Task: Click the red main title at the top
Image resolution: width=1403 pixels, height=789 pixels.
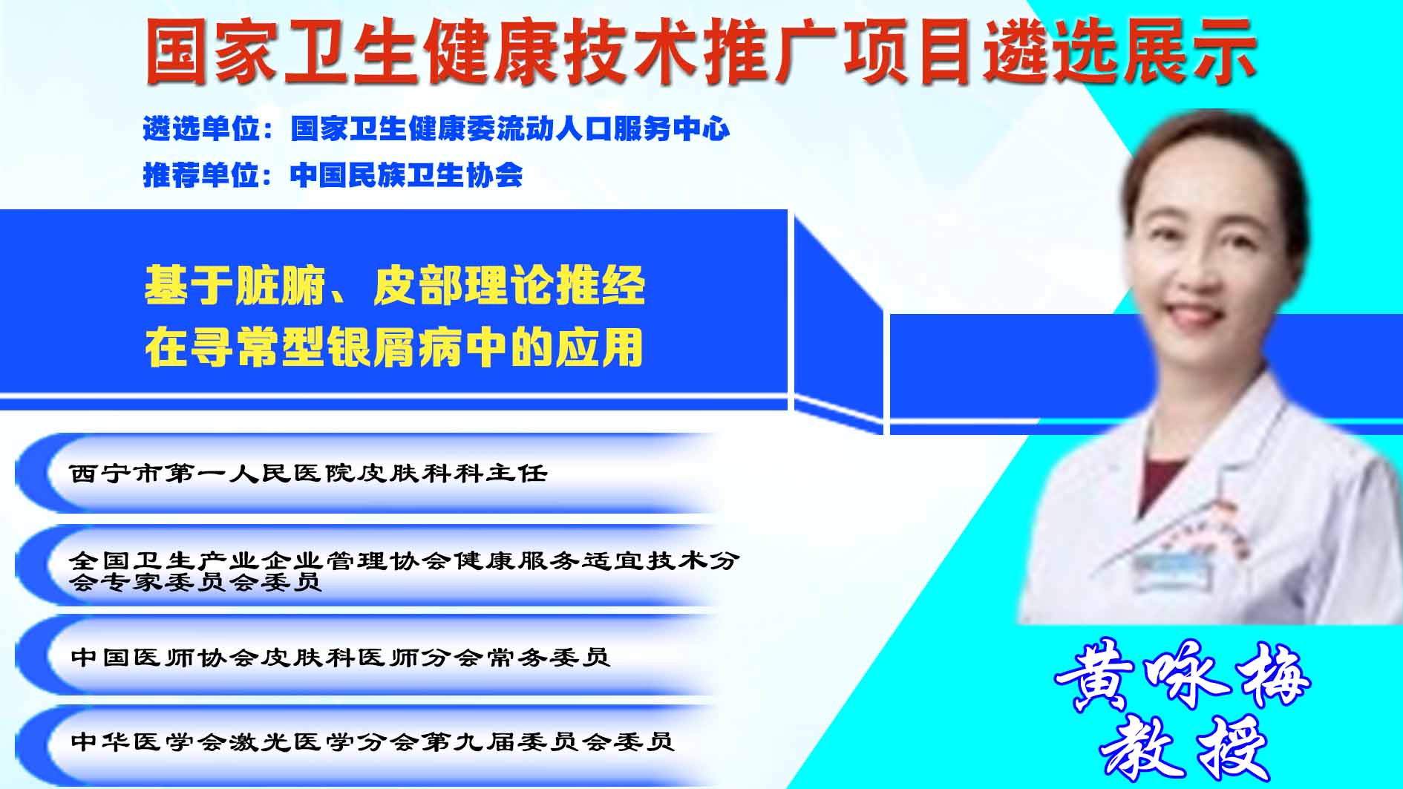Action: pos(700,50)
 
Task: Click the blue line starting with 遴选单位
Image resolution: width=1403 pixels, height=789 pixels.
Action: pos(436,129)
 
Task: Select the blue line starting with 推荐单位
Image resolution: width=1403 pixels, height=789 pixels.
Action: pos(333,175)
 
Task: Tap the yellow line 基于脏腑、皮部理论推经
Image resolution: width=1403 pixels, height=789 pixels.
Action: pos(395,286)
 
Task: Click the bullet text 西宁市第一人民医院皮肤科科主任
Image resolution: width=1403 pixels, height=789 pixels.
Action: pos(309,473)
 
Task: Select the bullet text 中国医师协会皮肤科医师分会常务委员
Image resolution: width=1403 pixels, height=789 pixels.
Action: pos(340,657)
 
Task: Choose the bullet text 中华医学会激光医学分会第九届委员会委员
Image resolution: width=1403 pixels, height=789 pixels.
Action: pos(372,741)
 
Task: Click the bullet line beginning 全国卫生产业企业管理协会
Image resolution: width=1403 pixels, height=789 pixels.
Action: pos(405,570)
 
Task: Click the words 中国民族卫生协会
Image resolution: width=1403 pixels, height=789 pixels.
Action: pos(407,175)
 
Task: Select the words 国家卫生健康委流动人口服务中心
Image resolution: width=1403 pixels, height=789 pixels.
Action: pos(511,129)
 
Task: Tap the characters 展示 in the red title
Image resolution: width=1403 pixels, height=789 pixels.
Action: pos(1189,50)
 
